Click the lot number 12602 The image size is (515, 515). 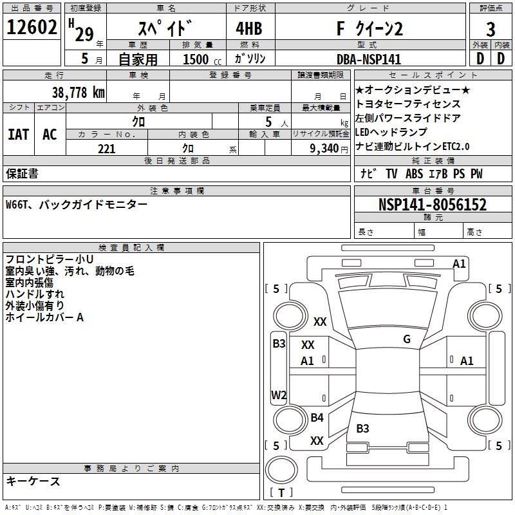32,29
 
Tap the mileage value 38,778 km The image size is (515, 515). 78,93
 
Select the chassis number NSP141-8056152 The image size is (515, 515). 432,205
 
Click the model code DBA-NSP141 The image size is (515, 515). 368,59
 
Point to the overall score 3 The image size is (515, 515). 491,29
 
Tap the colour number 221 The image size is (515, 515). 107,149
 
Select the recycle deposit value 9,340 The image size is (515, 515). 320,149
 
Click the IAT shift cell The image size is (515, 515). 19,135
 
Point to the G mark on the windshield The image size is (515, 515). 406,339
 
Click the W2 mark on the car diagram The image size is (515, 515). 279,395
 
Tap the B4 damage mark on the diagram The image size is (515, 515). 317,418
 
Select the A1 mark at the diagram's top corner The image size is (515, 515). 459,263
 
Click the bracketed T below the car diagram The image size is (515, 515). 281,492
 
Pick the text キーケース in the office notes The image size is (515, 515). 33,481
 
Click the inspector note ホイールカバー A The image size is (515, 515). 44,317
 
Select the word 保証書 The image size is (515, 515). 22,173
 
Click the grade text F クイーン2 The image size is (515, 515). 370,29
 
